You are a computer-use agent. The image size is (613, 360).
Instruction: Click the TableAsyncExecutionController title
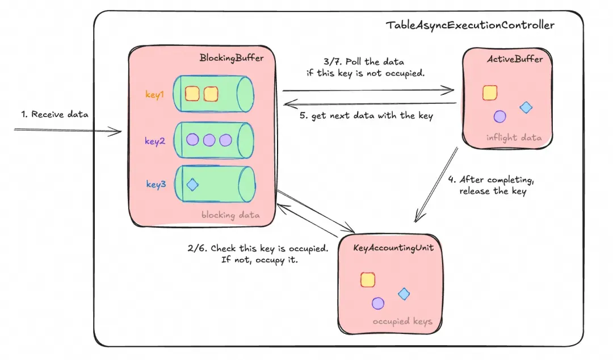pyautogui.click(x=470, y=25)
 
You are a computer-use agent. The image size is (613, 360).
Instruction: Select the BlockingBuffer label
pyautogui.click(x=231, y=58)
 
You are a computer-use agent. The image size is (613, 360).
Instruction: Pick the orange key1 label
pyautogui.click(x=154, y=95)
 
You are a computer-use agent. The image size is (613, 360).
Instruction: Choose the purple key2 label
pyautogui.click(x=154, y=141)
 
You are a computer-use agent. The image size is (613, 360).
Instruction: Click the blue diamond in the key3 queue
pyautogui.click(x=192, y=185)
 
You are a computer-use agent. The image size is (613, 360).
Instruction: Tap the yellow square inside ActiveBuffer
pyautogui.click(x=490, y=93)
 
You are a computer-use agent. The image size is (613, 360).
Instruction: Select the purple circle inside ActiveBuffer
pyautogui.click(x=499, y=116)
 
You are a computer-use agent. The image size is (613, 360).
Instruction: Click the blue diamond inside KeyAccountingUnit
pyautogui.click(x=404, y=294)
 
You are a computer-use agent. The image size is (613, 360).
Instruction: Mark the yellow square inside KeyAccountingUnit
pyautogui.click(x=368, y=279)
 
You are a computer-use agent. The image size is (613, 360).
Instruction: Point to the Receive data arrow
pyautogui.click(x=68, y=131)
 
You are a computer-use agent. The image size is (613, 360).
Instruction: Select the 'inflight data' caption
pyautogui.click(x=514, y=137)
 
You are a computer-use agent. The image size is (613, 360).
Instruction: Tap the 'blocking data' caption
pyautogui.click(x=230, y=215)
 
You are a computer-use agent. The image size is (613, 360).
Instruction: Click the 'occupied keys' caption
pyautogui.click(x=402, y=321)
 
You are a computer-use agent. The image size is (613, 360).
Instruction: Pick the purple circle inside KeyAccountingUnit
pyautogui.click(x=378, y=303)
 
